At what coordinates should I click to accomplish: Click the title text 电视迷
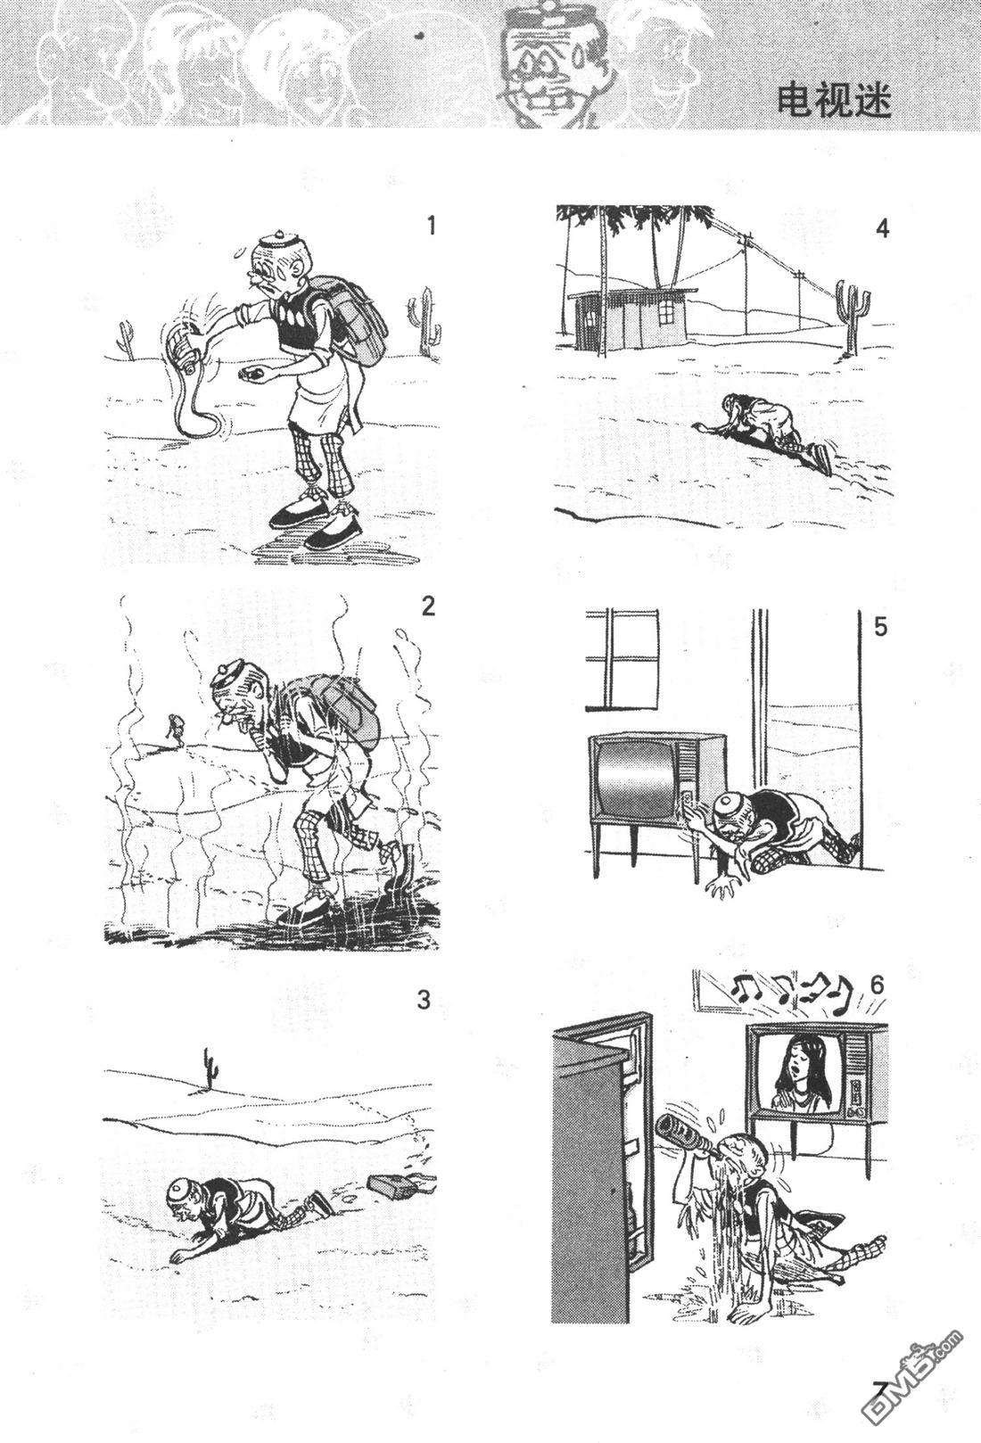pyautogui.click(x=834, y=99)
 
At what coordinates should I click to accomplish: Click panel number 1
pyautogui.click(x=432, y=226)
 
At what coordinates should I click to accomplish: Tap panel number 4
pyautogui.click(x=882, y=229)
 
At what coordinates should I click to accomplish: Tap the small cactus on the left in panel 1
pyautogui.click(x=126, y=336)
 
